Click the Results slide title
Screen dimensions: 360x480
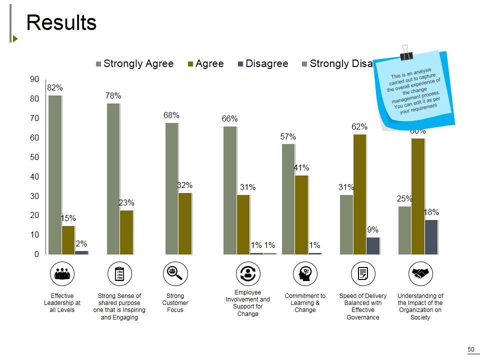pyautogui.click(x=61, y=23)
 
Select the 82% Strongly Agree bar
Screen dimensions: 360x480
pyautogui.click(x=55, y=174)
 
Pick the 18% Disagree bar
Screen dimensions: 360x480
pyautogui.click(x=431, y=237)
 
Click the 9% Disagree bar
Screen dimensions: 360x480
pyautogui.click(x=373, y=245)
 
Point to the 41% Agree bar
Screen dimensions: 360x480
pyautogui.click(x=301, y=214)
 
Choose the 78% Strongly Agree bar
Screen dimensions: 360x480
pyautogui.click(x=113, y=178)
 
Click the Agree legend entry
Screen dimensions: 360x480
pyautogui.click(x=205, y=64)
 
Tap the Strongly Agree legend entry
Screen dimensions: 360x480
pyautogui.click(x=134, y=64)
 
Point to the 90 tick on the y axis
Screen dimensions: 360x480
pyautogui.click(x=34, y=79)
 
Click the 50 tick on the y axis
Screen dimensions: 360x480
pyautogui.click(x=34, y=157)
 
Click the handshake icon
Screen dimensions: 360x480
pyautogui.click(x=420, y=273)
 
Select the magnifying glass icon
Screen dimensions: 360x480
pyautogui.click(x=175, y=273)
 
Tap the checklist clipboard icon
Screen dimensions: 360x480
pyautogui.click(x=119, y=273)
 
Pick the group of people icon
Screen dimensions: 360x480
pyautogui.click(x=62, y=273)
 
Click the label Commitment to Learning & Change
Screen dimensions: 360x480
pyautogui.click(x=305, y=303)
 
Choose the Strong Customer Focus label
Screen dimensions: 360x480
pyautogui.click(x=175, y=303)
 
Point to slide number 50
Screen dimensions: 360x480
pyautogui.click(x=470, y=349)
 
